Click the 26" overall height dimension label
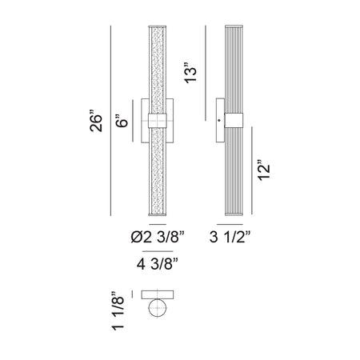click(x=96, y=120)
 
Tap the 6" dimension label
click(x=122, y=121)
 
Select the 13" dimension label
click(x=191, y=73)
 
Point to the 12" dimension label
click(x=264, y=170)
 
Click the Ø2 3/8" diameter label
click(x=158, y=236)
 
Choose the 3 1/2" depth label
click(x=230, y=236)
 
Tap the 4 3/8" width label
click(x=158, y=264)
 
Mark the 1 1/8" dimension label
click(x=118, y=311)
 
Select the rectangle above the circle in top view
click(x=158, y=294)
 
